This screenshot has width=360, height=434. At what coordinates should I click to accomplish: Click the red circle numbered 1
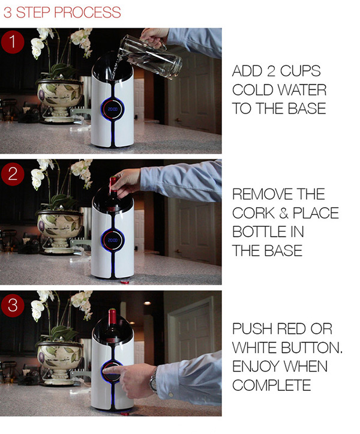13,42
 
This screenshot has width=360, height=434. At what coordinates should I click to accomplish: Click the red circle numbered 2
13,174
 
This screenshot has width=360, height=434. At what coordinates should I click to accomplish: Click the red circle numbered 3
13,306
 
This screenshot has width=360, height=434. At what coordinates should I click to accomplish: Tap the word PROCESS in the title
88,13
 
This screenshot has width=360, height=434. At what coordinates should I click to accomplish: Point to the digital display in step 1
112,109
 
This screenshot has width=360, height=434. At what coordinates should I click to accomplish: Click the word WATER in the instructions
302,90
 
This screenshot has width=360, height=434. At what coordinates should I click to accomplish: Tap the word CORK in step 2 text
253,213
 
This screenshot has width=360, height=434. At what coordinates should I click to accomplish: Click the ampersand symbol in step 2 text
283,213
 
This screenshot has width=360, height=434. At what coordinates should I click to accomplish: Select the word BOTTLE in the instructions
259,232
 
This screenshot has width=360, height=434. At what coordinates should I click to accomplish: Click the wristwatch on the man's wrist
154,379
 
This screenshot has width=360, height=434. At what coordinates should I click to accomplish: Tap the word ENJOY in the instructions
254,366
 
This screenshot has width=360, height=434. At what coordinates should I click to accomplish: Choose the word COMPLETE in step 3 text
272,385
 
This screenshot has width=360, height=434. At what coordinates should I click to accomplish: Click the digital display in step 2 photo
112,240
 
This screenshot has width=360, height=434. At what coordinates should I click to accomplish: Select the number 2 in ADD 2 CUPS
271,71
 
